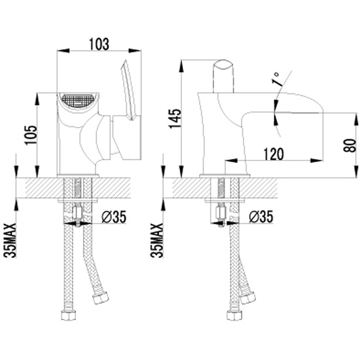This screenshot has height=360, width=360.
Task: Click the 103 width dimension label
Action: tap(99, 44)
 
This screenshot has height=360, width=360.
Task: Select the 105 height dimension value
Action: tap(31, 135)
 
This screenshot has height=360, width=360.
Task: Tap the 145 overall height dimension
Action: tap(175, 118)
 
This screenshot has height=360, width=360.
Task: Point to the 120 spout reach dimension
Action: tap(274, 154)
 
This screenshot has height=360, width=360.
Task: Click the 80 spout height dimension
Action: tap(350, 145)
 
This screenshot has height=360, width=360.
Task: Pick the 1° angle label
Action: tap(276, 79)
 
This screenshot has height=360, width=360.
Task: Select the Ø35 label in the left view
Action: tap(114, 217)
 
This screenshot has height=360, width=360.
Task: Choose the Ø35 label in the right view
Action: tap(261, 217)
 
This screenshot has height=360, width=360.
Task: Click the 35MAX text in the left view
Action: tap(10, 240)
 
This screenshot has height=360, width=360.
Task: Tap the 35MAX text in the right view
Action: tap(157, 240)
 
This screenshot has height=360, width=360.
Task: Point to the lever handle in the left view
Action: tap(128, 90)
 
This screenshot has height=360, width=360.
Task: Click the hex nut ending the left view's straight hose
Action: tap(69, 315)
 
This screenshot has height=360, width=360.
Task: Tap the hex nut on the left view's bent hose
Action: tap(100, 298)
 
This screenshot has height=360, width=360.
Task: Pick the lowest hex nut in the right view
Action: tap(234, 315)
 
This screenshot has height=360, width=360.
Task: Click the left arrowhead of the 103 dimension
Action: tap(63, 50)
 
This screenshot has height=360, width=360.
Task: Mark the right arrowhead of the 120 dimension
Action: tap(317, 160)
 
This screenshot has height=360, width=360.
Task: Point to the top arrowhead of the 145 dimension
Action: tap(181, 66)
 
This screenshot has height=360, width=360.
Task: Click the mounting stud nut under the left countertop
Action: tap(77, 213)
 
